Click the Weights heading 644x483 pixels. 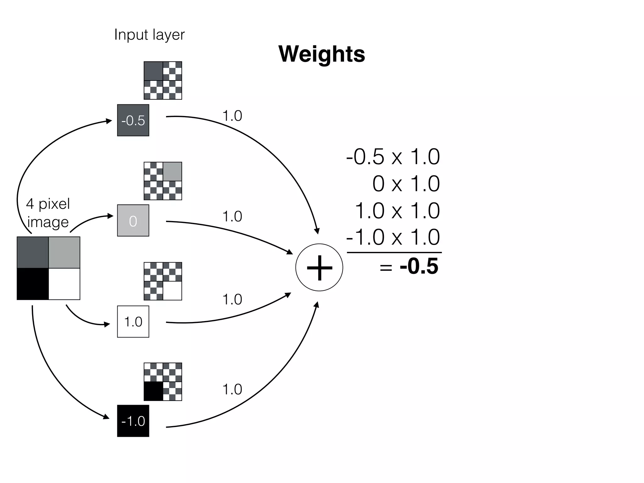[x=322, y=54]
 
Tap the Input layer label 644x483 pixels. [x=149, y=35]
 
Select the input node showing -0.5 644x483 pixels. [x=133, y=120]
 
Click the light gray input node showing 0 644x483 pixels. [x=133, y=221]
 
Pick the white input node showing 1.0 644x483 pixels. [x=133, y=322]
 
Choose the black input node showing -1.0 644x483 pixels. [x=133, y=421]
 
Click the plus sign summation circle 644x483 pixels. [x=319, y=268]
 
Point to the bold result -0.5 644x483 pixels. [x=419, y=266]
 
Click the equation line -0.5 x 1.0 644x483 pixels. [x=393, y=157]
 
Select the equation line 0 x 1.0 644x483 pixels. [x=406, y=184]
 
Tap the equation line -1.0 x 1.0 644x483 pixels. [x=393, y=237]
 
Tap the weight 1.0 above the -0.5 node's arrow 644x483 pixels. [x=232, y=116]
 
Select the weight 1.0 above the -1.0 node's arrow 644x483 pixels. [x=232, y=389]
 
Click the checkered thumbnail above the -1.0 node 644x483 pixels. [x=163, y=382]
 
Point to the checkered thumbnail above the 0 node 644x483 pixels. [x=163, y=181]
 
